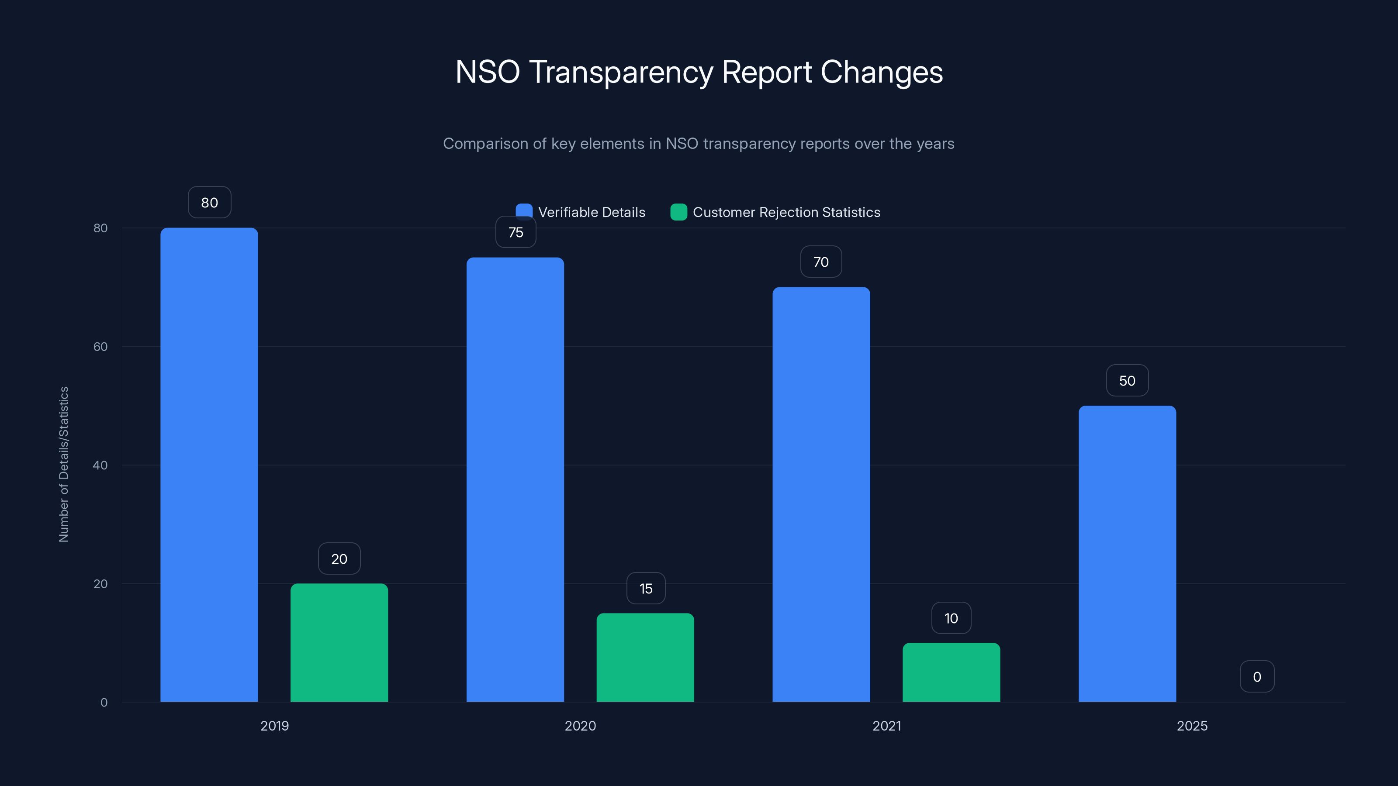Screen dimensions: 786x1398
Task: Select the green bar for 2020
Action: [x=645, y=658]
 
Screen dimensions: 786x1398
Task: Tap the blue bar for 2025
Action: [x=1127, y=553]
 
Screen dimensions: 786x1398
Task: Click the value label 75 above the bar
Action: [x=516, y=233]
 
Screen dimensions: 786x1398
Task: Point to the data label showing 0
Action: [x=1257, y=677]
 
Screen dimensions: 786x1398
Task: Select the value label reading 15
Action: [x=646, y=589]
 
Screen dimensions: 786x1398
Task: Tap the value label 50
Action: [x=1127, y=381]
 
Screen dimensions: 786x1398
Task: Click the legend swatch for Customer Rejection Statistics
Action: [x=678, y=212]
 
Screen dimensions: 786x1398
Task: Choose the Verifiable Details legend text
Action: [x=592, y=212]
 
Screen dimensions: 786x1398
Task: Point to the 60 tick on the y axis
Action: [x=100, y=347]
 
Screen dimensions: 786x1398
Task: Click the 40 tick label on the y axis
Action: [x=100, y=465]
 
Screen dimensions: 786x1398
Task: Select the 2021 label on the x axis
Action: [x=886, y=726]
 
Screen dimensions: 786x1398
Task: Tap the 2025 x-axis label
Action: [x=1192, y=726]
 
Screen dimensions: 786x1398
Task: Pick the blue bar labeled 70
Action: [x=821, y=494]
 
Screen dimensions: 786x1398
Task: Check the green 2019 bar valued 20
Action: [x=339, y=643]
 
